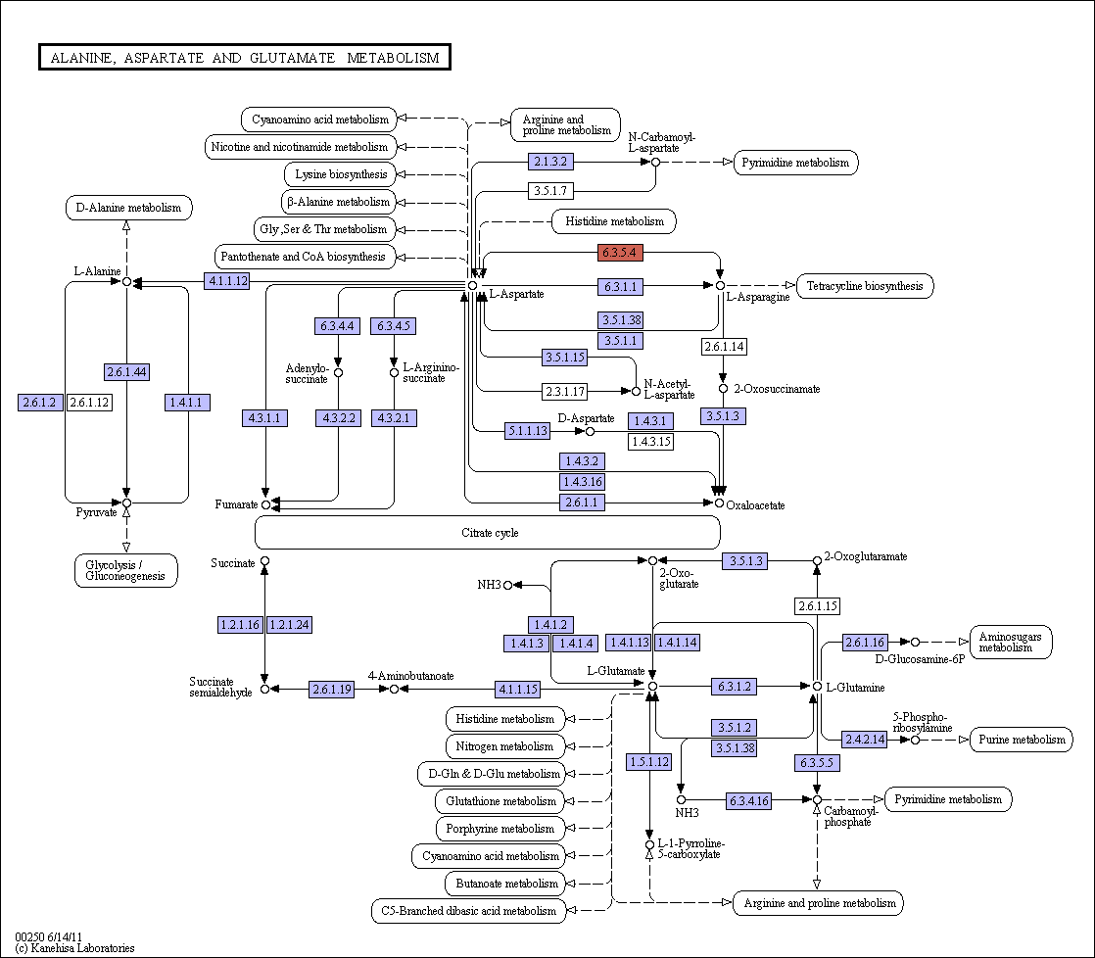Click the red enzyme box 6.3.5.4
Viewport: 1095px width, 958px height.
click(x=620, y=252)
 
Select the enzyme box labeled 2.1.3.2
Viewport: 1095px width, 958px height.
click(x=550, y=162)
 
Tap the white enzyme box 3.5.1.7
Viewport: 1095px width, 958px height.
click(x=550, y=191)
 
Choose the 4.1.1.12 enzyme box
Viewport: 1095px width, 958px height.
click(x=227, y=281)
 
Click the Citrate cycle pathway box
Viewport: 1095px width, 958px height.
click(x=488, y=533)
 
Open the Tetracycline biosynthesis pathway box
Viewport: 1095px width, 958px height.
click(x=865, y=286)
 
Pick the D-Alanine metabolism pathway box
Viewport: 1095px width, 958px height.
click(x=128, y=208)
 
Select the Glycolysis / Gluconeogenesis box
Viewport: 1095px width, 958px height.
click(x=125, y=570)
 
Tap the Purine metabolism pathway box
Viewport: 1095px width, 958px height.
click(x=1022, y=740)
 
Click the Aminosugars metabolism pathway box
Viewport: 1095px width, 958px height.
click(x=1011, y=642)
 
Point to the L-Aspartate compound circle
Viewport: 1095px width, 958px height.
click(x=473, y=286)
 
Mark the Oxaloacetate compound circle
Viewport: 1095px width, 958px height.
click(x=719, y=503)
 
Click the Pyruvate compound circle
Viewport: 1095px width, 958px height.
click(x=126, y=503)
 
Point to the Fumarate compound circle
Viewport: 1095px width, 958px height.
click(x=265, y=504)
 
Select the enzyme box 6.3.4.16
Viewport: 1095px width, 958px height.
click(x=748, y=801)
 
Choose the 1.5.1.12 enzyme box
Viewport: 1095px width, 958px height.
click(x=649, y=762)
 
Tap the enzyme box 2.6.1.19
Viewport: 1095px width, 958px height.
click(x=332, y=690)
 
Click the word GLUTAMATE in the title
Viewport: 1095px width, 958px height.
click(x=293, y=58)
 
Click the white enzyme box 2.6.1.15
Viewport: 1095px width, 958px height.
click(x=817, y=605)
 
